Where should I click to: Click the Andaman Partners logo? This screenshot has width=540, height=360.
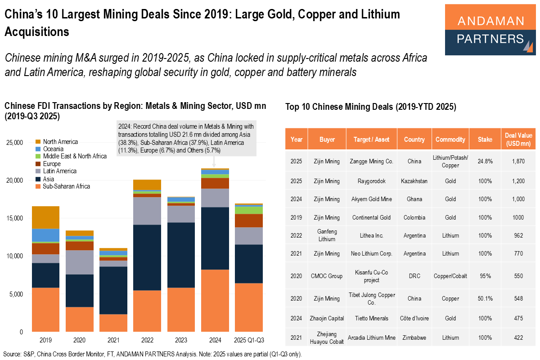490,30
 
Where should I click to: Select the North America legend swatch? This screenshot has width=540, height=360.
38,142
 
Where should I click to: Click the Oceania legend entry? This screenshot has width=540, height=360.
53,149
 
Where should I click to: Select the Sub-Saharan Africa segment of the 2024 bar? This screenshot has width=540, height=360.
215,300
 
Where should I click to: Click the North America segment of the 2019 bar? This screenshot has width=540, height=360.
45,217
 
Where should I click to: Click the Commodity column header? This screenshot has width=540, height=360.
450,139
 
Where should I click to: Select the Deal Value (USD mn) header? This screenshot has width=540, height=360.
518,139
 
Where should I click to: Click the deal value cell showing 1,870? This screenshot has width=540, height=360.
518,161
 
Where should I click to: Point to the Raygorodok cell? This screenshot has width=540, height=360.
371,181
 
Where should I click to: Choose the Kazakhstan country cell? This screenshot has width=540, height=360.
414,181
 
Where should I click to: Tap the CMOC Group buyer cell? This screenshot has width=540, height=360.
327,276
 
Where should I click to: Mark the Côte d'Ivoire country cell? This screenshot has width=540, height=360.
414,318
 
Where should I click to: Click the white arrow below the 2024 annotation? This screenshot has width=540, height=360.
215,162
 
